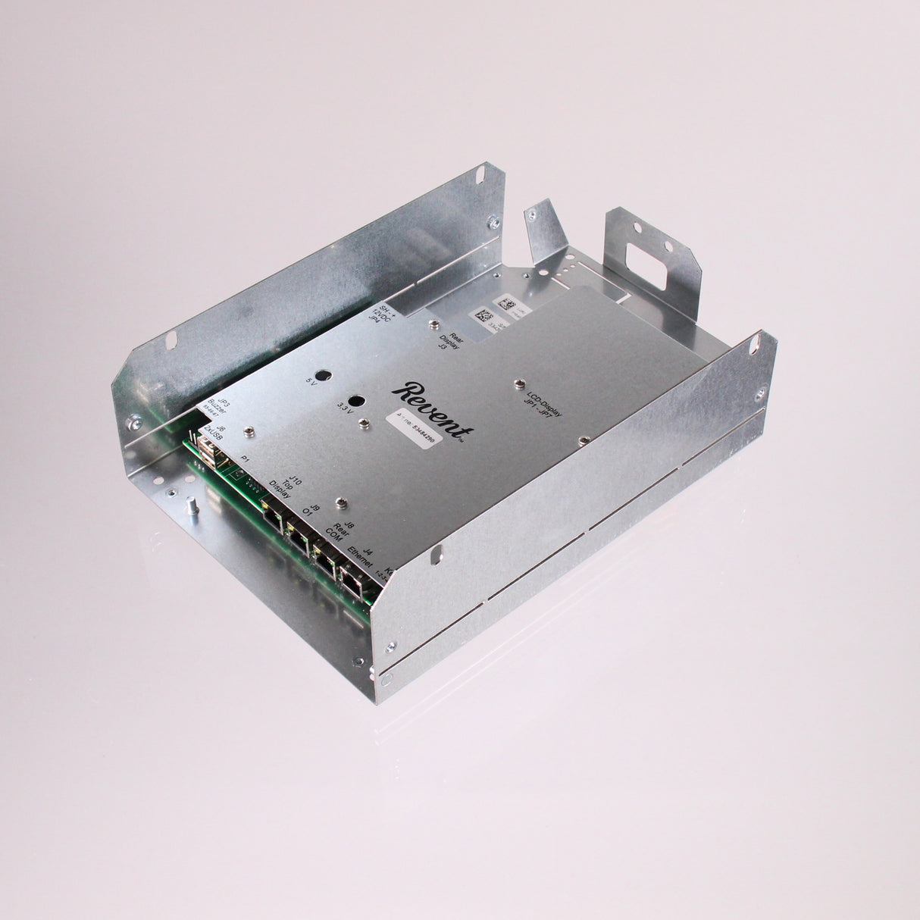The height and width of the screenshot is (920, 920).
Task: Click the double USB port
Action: pyautogui.click(x=208, y=454)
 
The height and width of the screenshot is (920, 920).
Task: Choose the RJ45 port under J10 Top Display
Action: pyautogui.click(x=272, y=516)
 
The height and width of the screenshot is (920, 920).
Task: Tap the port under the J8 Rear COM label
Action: pyautogui.click(x=327, y=559)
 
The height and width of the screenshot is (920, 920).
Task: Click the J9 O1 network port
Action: pyautogui.click(x=299, y=537)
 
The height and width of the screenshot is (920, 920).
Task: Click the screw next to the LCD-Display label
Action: pyautogui.click(x=520, y=383)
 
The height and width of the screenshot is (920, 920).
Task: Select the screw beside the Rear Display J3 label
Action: pyautogui.click(x=433, y=324)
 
